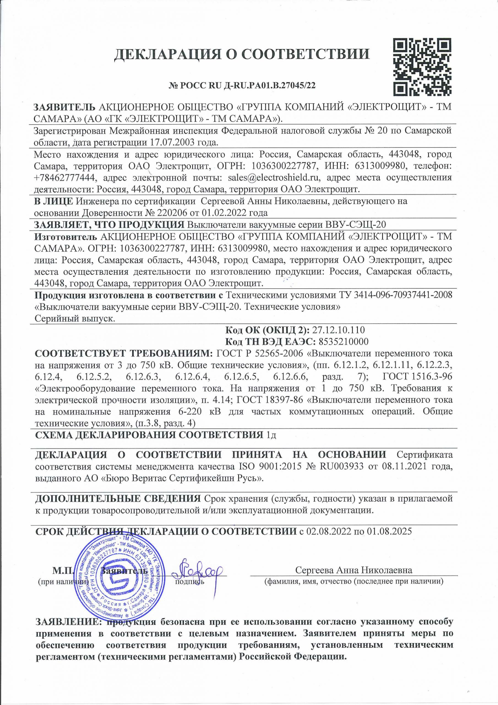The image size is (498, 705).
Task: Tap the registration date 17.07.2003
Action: [x=174, y=142]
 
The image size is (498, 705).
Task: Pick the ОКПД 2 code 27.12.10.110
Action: [x=338, y=330]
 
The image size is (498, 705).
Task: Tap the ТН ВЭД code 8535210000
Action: [x=344, y=342]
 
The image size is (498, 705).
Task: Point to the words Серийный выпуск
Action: [x=75, y=319]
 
